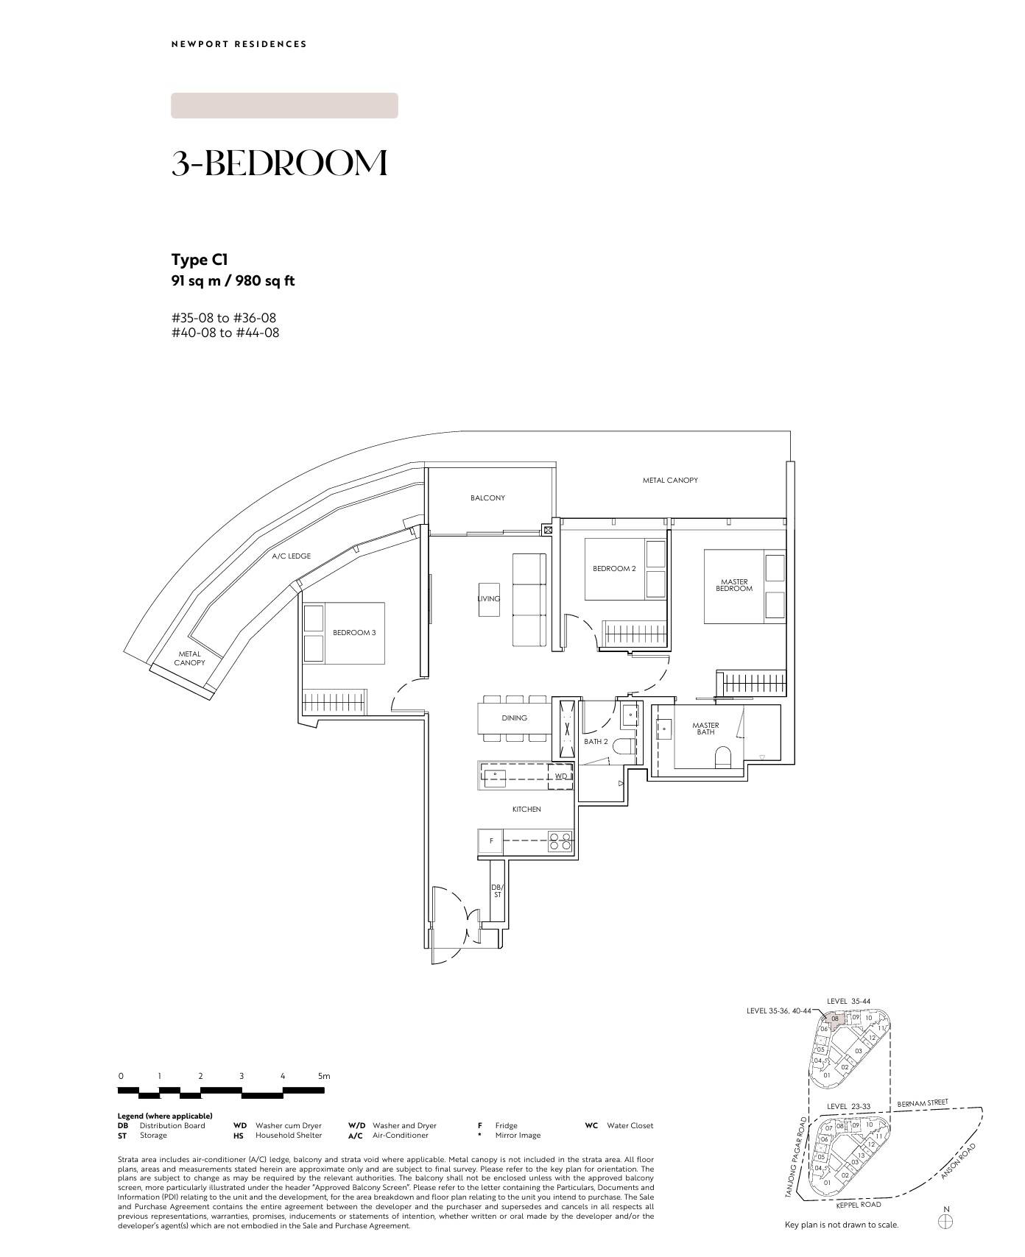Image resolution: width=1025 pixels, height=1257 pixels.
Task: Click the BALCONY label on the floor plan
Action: (487, 498)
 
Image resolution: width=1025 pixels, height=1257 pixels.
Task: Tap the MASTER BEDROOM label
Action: (734, 585)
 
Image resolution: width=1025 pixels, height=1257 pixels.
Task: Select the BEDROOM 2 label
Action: (614, 569)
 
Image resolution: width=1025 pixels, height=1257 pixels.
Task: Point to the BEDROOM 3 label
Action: (354, 633)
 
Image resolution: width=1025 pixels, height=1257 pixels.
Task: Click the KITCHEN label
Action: (526, 810)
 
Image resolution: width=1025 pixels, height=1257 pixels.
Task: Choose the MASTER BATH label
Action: (705, 729)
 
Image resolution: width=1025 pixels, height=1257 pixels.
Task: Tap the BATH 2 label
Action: (596, 742)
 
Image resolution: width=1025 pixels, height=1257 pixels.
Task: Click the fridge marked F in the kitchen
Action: (490, 841)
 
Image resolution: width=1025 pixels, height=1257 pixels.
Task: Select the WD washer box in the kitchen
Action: (561, 776)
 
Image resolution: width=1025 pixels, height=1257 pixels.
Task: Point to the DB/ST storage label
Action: (497, 891)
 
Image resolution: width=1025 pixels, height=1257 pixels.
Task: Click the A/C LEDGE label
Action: (291, 556)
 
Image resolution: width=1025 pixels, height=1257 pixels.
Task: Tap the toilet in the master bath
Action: (723, 757)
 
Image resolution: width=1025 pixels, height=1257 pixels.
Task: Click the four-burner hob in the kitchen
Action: (560, 841)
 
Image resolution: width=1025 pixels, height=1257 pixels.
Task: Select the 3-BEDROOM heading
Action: (280, 163)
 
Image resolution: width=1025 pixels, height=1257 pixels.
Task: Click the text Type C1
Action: (200, 260)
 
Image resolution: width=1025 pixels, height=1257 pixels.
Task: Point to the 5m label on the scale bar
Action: (324, 1076)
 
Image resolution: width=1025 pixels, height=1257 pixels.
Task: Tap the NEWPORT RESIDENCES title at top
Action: (239, 44)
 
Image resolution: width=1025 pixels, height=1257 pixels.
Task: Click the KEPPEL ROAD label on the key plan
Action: (859, 1205)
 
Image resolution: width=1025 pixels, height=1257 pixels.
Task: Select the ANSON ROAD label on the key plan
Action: (958, 1161)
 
